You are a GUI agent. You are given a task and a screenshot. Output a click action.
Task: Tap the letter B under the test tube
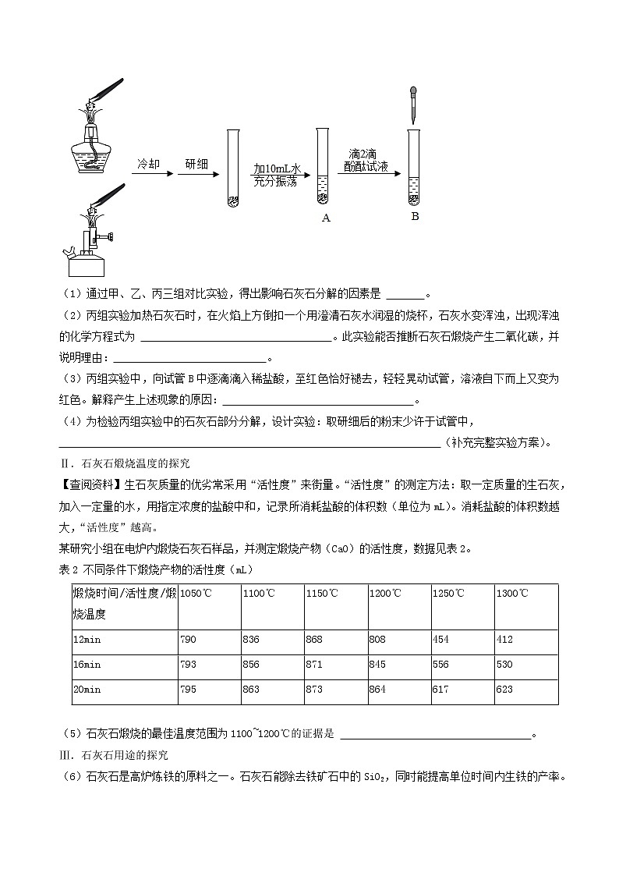415,216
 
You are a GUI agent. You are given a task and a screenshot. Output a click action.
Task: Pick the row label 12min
87,640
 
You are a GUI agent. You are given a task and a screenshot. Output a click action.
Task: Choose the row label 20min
87,690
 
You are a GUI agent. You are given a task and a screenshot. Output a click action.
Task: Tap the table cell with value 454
440,640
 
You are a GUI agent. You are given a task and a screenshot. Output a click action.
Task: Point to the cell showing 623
504,690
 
